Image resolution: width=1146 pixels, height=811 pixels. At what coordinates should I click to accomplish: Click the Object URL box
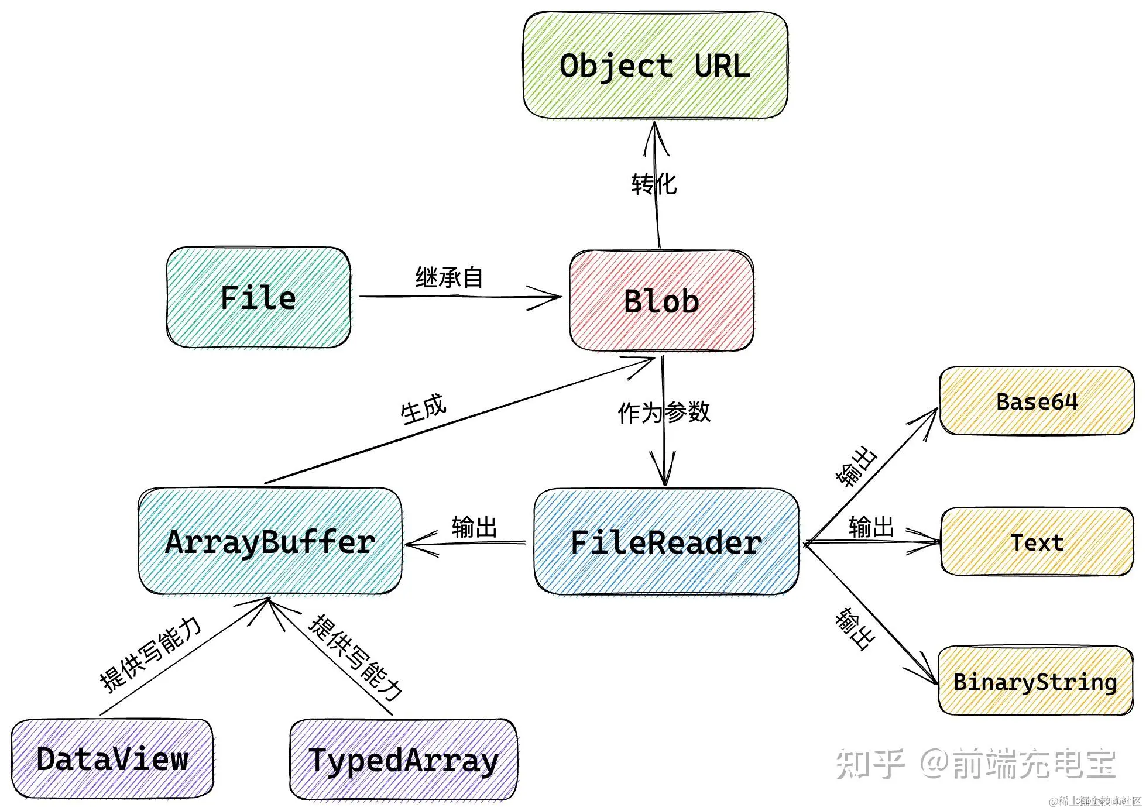tap(655, 65)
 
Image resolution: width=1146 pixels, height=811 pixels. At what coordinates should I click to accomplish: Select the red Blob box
tap(661, 301)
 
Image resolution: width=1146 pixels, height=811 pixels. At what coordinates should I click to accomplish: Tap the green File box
tap(258, 297)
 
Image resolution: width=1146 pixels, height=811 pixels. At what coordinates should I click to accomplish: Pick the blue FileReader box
tap(666, 542)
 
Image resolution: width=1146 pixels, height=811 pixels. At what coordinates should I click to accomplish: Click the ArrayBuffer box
tap(270, 542)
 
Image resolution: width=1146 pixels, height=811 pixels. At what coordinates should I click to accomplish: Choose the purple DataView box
tap(112, 759)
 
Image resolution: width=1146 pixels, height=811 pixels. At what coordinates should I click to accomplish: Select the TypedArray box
tap(403, 760)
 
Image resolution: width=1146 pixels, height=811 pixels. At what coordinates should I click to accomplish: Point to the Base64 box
tap(1036, 401)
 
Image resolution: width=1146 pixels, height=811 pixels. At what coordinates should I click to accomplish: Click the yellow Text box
tap(1037, 542)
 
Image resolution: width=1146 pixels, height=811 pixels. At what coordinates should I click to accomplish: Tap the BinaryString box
tap(1035, 681)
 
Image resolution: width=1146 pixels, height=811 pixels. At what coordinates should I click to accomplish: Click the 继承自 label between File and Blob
tap(449, 277)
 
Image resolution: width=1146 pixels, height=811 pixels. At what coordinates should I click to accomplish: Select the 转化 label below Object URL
tap(654, 184)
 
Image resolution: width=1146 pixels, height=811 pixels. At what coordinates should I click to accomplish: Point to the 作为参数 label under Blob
tap(664, 413)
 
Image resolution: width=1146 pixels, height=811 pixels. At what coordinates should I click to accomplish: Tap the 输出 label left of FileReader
tap(474, 527)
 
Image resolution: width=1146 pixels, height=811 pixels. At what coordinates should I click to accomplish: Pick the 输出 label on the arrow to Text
tap(871, 527)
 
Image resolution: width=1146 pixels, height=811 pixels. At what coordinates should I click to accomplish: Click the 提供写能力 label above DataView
tap(150, 654)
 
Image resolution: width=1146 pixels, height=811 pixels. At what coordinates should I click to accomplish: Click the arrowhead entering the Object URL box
tap(655, 132)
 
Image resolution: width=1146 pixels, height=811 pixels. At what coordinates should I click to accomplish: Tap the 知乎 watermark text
tap(870, 764)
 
